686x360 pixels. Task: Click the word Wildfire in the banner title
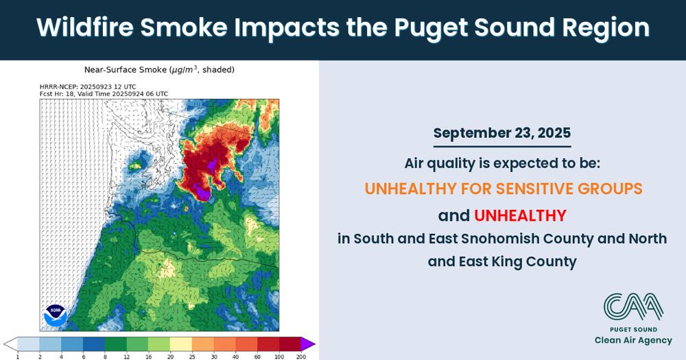click(x=85, y=27)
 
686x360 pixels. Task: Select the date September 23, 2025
click(x=502, y=134)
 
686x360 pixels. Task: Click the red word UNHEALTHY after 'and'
click(x=520, y=215)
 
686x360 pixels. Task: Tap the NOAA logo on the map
click(x=56, y=315)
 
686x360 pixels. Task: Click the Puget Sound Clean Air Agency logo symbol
click(x=633, y=307)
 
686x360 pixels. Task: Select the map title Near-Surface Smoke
click(x=125, y=69)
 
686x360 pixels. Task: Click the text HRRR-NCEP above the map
click(x=58, y=87)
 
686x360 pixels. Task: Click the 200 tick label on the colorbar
click(x=301, y=357)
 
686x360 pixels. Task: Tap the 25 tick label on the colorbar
click(x=192, y=357)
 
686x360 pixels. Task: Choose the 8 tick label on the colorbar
click(x=105, y=357)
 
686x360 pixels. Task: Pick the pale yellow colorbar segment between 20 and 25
click(x=181, y=344)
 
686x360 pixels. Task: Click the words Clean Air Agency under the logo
click(x=633, y=340)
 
